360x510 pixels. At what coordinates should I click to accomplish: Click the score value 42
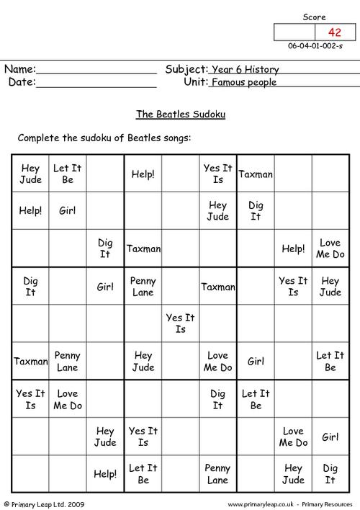click(335, 32)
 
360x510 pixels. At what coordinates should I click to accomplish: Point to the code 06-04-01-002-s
click(315, 47)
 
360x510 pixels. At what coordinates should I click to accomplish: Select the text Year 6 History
click(244, 70)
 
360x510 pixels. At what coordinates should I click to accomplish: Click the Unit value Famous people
click(243, 83)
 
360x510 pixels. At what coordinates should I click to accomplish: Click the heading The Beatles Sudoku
click(180, 113)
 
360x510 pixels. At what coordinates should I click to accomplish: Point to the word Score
click(314, 17)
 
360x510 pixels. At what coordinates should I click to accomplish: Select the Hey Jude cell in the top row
click(30, 174)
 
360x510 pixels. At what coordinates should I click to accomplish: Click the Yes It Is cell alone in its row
click(180, 323)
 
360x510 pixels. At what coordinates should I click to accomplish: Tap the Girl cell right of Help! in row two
click(68, 211)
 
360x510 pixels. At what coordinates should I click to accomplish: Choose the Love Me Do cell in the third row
click(330, 249)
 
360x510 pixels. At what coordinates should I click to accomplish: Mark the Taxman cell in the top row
click(256, 174)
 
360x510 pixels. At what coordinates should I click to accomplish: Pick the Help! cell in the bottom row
click(105, 473)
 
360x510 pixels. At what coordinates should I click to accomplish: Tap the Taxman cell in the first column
click(30, 361)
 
